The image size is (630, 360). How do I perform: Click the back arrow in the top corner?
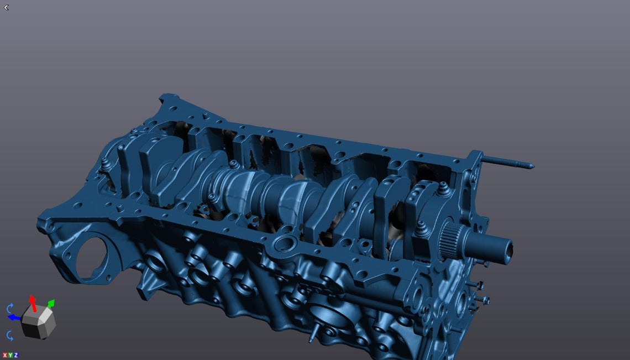pos(6,7)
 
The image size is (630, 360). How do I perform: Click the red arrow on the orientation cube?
pos(33,302)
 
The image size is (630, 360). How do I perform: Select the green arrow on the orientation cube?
pos(50,303)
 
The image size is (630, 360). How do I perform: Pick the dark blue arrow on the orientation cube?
pos(14,317)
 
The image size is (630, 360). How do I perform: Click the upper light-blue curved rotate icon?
pos(10,308)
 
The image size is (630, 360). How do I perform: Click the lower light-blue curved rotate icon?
pos(10,335)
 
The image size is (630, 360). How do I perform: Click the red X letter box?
pos(5,355)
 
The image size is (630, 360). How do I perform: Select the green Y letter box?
pos(11,355)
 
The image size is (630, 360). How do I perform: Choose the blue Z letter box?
pos(16,355)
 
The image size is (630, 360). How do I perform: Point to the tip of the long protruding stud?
pos(531,165)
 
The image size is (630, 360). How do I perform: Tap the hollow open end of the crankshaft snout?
pos(507,251)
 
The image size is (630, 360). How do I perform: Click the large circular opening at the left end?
pos(91,258)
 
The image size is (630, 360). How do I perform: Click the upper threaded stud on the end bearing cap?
pos(442,190)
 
